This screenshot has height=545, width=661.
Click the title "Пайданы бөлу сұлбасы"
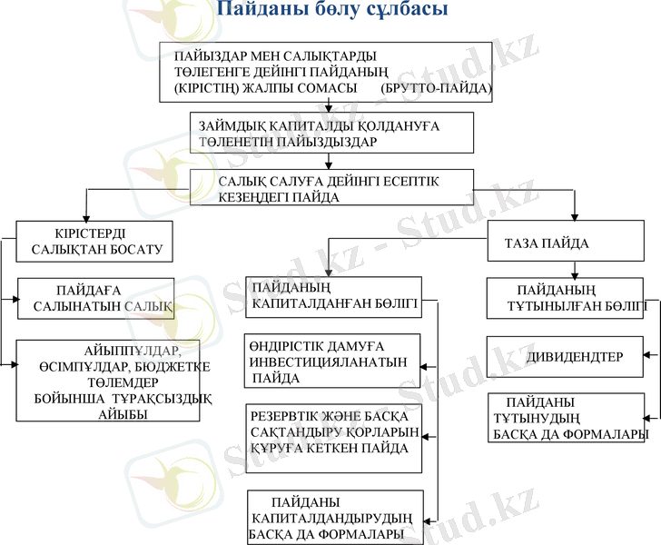[331, 12]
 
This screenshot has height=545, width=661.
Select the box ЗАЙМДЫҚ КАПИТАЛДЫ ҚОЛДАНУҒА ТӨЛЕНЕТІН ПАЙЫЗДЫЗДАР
[331, 133]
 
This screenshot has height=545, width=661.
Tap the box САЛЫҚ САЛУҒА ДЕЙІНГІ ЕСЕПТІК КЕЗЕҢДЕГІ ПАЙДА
[331, 188]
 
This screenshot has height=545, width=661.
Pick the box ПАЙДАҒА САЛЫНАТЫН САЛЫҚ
[96, 298]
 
